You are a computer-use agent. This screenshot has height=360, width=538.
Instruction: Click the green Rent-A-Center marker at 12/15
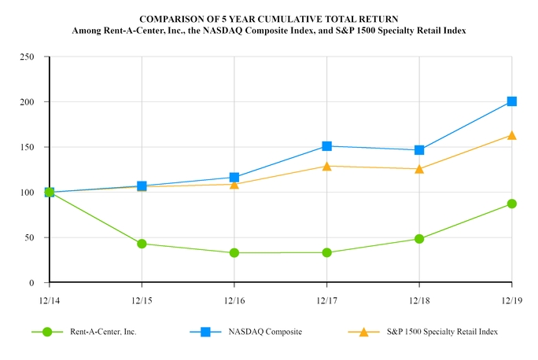pos(142,244)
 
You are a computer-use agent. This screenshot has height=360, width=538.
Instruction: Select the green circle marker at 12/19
pos(512,204)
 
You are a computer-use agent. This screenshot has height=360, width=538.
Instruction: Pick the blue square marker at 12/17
pos(326,146)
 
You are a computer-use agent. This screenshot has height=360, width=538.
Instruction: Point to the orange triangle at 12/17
pos(326,166)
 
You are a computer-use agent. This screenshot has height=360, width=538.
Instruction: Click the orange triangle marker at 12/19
pos(512,135)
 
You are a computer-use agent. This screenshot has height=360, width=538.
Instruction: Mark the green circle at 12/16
pos(234,253)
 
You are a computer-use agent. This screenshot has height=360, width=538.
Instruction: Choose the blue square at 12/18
pos(419,150)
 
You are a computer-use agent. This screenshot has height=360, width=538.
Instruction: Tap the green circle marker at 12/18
pos(419,239)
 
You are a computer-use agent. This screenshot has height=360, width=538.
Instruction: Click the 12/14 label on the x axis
pos(49,299)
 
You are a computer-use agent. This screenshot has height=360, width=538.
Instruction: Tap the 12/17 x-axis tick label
pos(326,299)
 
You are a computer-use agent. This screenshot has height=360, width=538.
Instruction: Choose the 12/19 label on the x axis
pos(512,299)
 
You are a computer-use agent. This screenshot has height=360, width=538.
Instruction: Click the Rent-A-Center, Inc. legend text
pos(101,332)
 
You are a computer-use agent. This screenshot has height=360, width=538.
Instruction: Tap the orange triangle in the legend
pos(363,332)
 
